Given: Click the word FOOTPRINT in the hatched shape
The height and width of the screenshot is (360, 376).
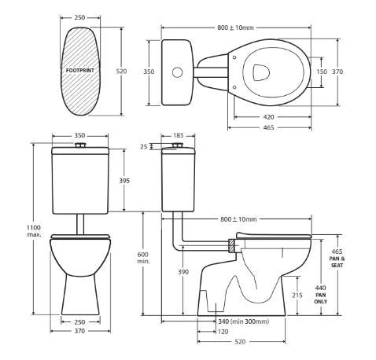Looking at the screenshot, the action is click(80, 71).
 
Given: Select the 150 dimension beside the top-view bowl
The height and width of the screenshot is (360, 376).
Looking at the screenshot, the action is click(322, 72).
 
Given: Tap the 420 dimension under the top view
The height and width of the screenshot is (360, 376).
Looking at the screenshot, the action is click(268, 117).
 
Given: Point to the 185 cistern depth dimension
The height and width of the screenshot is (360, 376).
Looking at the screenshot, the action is click(179, 135).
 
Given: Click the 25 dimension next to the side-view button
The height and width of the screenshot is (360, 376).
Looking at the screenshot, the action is click(144, 146).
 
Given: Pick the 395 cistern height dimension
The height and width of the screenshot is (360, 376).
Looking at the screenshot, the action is click(124, 181).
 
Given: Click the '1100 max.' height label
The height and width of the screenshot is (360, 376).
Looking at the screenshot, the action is click(34, 231).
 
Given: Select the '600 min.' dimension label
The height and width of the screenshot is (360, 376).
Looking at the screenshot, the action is click(144, 258).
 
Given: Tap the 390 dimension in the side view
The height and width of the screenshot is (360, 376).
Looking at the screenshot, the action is click(183, 272).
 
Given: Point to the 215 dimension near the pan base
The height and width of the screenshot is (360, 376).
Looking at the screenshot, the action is click(297, 295).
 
